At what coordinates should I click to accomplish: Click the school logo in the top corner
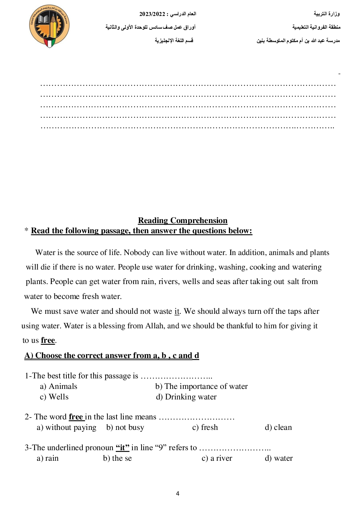[x=49, y=26]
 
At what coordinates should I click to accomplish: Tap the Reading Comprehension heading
[x=183, y=221]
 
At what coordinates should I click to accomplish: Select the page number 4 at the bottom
[x=177, y=493]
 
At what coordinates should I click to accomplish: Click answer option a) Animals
[x=58, y=386]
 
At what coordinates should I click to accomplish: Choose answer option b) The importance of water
[x=201, y=386]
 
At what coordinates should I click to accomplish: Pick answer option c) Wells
[x=54, y=397]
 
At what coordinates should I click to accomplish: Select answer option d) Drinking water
[x=186, y=397]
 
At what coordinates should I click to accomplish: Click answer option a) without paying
[x=66, y=427]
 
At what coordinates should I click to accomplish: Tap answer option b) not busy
[x=125, y=427]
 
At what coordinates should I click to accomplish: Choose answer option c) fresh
[x=205, y=427]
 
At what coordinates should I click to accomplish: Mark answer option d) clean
[x=278, y=427]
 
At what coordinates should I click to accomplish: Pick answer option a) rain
[x=48, y=458]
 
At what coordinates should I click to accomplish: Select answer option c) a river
[x=217, y=458]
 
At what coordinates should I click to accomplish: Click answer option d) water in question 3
[x=279, y=458]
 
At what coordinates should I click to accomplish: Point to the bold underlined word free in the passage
[x=48, y=340]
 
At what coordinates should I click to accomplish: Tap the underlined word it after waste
[x=177, y=311]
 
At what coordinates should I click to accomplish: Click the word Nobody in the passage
[x=137, y=253]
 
